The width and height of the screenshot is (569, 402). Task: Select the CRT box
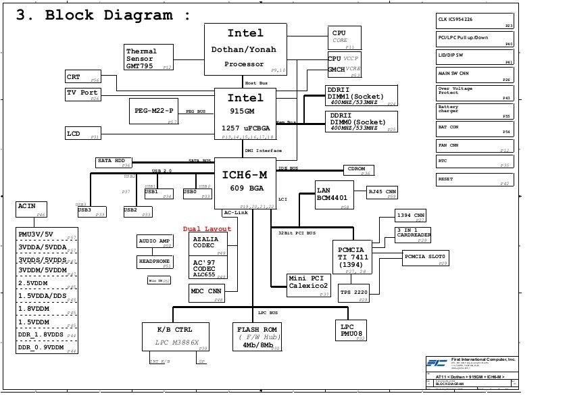click(x=82, y=76)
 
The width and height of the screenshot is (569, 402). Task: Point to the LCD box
click(x=82, y=134)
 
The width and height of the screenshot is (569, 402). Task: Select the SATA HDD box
click(x=114, y=162)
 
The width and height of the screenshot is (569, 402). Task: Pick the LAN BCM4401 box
click(x=335, y=194)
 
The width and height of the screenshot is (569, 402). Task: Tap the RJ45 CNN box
click(x=382, y=193)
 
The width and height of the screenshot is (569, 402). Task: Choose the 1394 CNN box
click(x=412, y=216)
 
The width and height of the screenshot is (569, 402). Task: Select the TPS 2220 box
click(x=353, y=294)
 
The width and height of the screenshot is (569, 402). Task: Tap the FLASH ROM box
click(x=257, y=336)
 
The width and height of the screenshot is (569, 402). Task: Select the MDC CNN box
click(x=207, y=293)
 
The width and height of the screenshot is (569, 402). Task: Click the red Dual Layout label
click(x=207, y=229)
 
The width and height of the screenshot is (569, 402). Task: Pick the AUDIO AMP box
click(x=155, y=242)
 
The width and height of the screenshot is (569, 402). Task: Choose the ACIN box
click(x=31, y=209)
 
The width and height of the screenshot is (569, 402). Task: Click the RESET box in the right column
click(x=475, y=180)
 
